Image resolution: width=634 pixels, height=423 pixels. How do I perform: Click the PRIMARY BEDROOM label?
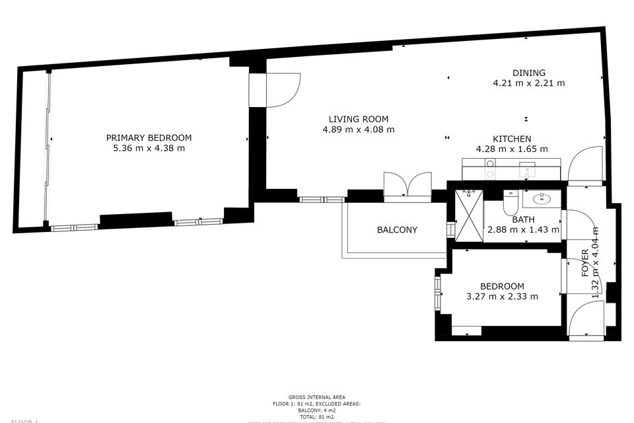(149, 137)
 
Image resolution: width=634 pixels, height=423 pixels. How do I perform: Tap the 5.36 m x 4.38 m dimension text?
(149, 149)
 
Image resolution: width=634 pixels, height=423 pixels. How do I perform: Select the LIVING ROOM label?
(359, 119)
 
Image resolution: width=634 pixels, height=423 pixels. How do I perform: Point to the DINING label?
(529, 73)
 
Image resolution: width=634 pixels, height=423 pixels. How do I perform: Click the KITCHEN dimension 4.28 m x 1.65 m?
(512, 149)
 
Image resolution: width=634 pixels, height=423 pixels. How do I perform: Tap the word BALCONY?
(397, 230)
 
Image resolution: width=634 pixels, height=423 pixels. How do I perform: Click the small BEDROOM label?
(502, 286)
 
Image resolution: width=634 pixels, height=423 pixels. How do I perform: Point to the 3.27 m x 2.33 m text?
(502, 297)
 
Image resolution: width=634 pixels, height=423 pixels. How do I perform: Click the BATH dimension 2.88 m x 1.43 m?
(523, 230)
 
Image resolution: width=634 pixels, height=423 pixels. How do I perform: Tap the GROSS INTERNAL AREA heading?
(316, 397)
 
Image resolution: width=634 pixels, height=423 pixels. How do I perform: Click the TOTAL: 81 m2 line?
(316, 417)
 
